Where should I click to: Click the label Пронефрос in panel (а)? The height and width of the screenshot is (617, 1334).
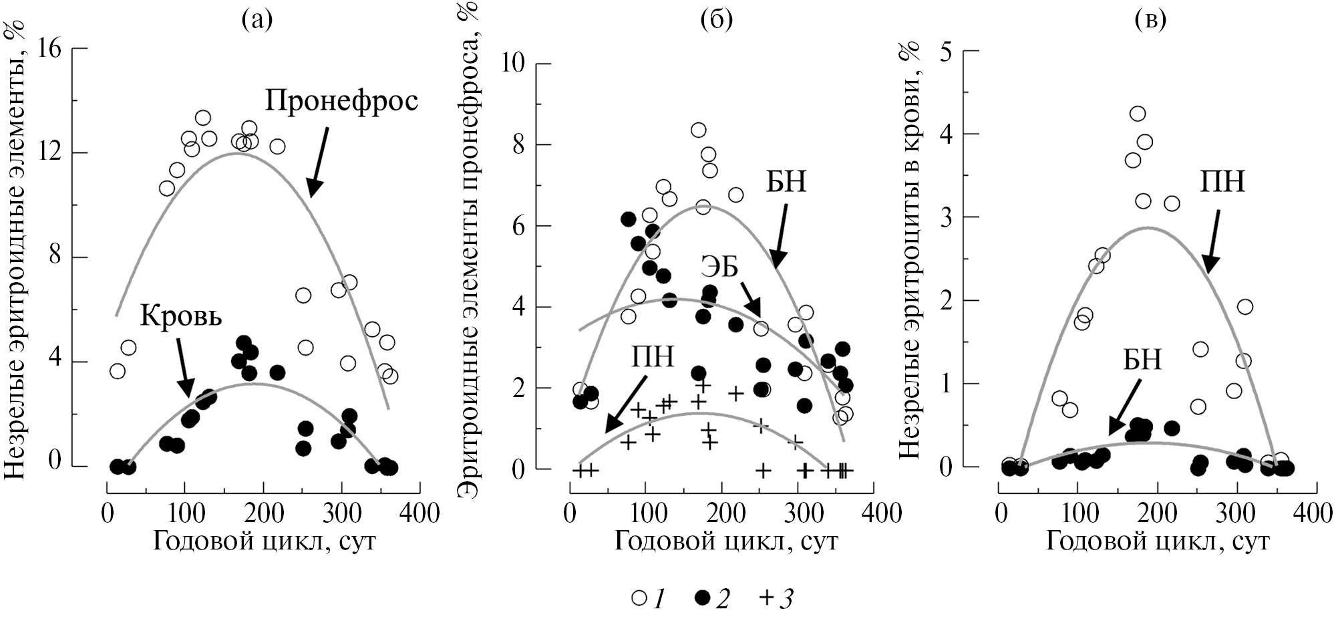(341, 102)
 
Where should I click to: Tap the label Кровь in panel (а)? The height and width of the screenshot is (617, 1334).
(181, 316)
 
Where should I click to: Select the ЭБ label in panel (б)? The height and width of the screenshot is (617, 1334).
(719, 268)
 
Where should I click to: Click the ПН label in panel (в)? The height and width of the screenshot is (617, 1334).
(1222, 182)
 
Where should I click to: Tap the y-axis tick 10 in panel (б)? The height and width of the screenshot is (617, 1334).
(518, 64)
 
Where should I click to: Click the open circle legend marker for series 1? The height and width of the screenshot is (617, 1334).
(639, 598)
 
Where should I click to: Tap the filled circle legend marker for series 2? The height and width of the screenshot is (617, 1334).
(703, 598)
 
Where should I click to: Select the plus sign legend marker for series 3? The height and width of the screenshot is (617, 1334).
(767, 598)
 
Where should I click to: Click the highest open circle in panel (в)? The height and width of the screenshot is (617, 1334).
(1138, 114)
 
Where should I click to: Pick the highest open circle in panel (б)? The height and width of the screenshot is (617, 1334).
(699, 130)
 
